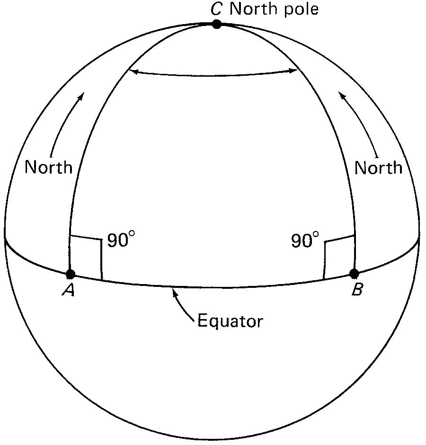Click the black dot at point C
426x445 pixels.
tap(216, 24)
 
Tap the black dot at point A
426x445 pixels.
tap(71, 274)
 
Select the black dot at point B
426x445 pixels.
tap(354, 273)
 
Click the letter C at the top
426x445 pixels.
tap(216, 9)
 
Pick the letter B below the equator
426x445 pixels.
tap(357, 290)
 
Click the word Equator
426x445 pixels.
tap(230, 321)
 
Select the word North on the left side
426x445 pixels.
tap(49, 167)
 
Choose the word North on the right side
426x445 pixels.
tap(378, 167)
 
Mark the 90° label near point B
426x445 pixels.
tap(305, 241)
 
